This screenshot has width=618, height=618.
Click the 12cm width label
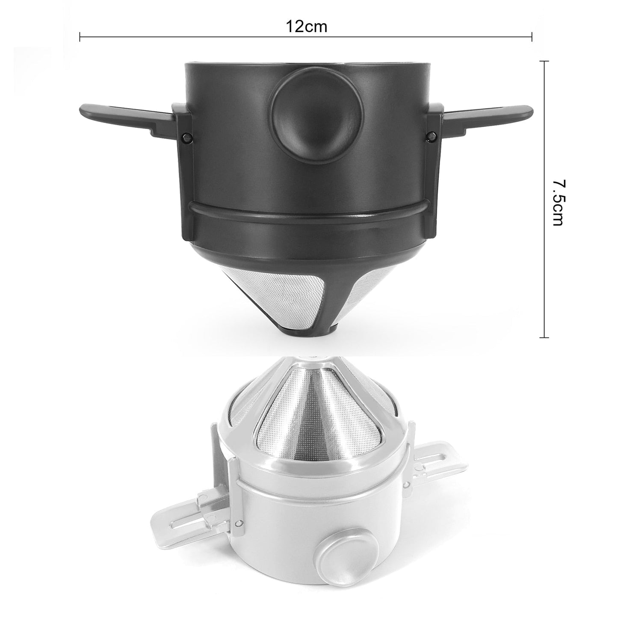point(306,27)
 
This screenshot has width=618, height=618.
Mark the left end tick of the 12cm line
point(80,37)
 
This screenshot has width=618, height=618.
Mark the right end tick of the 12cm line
point(532,37)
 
